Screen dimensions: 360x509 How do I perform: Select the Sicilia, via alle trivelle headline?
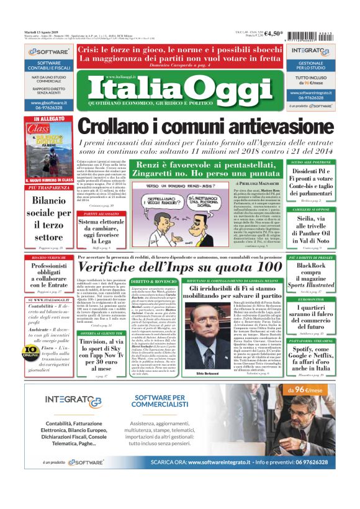323,228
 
